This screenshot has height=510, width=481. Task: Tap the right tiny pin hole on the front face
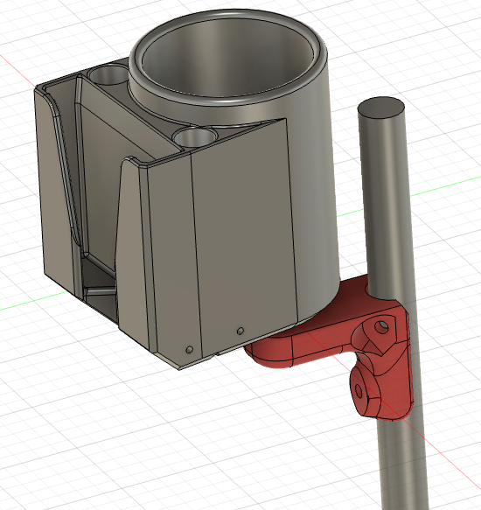pos(240,332)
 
